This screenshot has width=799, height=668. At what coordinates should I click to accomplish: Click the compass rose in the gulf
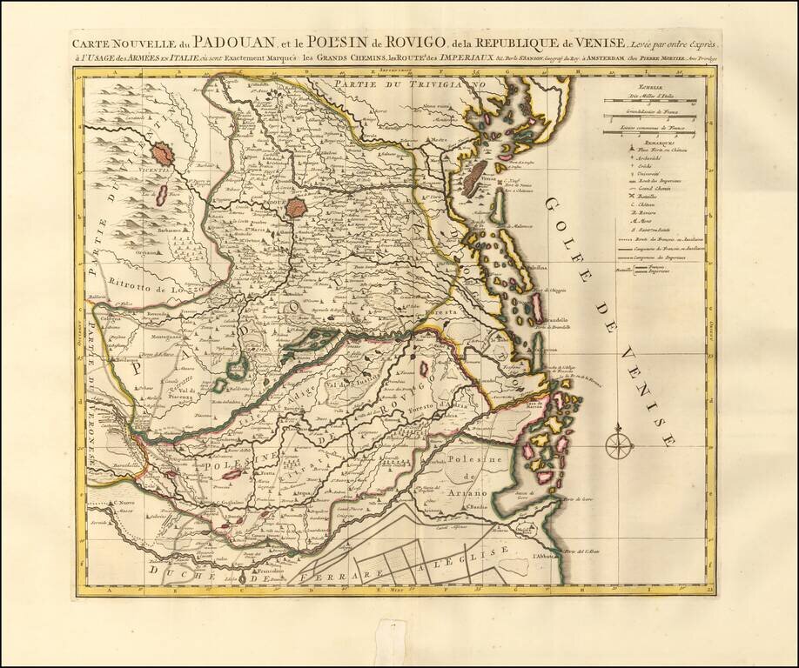click(x=620, y=444)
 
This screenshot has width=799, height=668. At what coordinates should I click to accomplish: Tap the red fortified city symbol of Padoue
click(x=297, y=208)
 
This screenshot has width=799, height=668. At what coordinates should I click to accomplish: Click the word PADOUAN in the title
click(x=217, y=42)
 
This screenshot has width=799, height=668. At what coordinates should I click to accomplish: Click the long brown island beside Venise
click(x=477, y=178)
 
